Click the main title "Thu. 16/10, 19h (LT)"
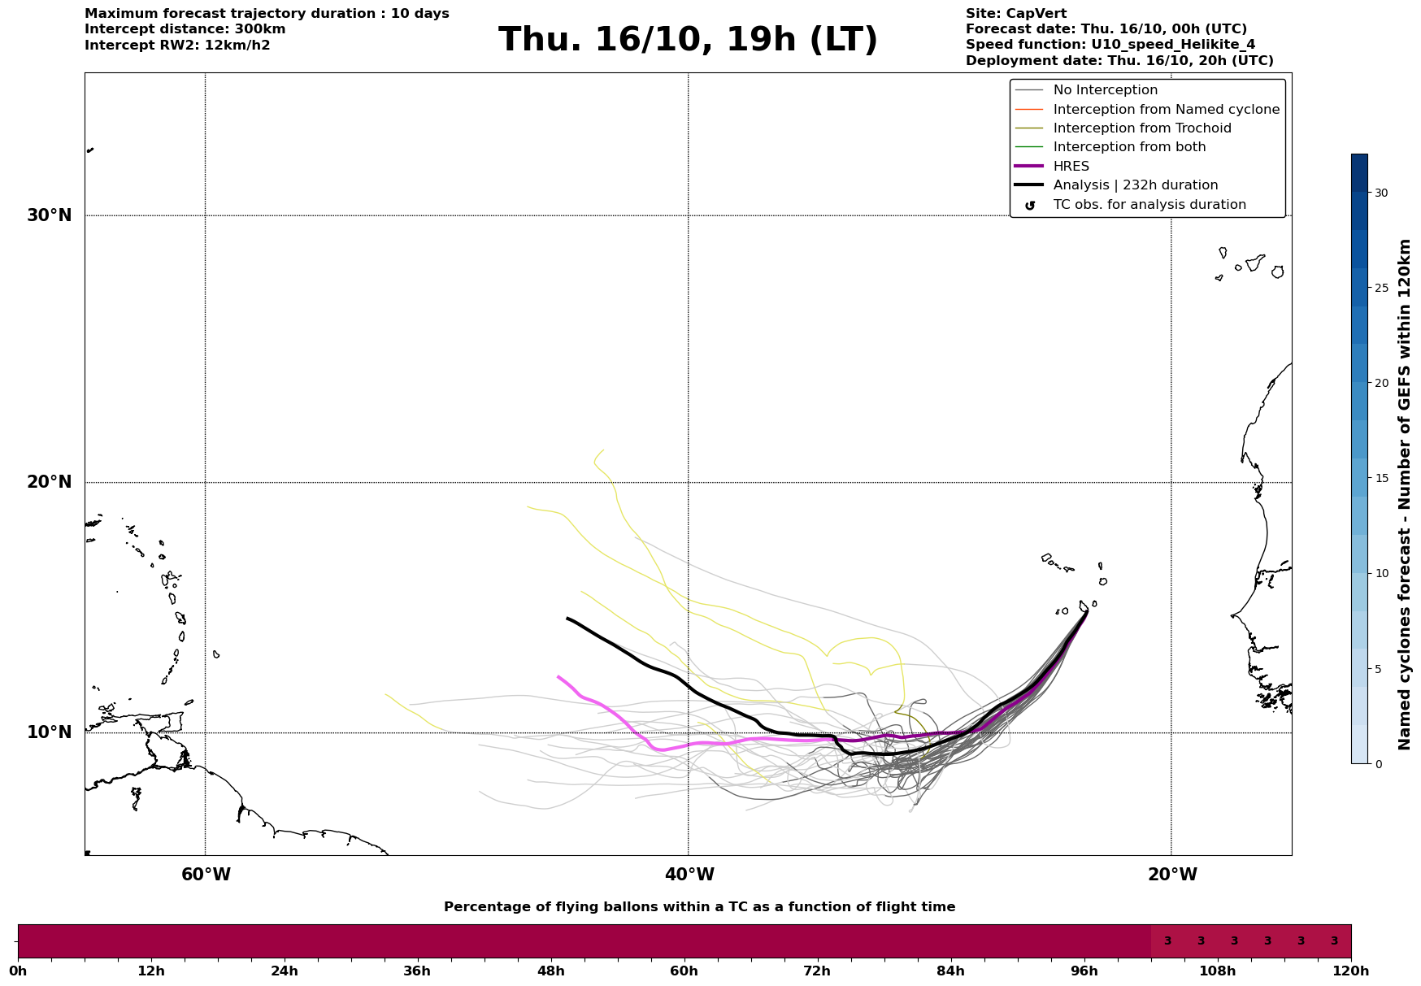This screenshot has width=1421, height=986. pos(688,40)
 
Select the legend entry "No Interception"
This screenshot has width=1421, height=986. pos(1105,90)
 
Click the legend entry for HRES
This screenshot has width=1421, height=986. pos(1071,167)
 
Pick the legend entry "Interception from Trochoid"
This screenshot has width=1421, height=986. pos(1141,128)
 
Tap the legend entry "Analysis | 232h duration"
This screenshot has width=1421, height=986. pos(1135,185)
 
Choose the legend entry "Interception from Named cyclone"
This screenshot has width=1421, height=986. pos(1166,110)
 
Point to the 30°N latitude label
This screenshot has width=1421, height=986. pos(50,215)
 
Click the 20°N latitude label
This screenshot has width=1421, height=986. pos(50,482)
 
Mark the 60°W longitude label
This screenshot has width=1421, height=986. pos(206,875)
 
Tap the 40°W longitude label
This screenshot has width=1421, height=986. pos(689,875)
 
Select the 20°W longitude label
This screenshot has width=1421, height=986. pos(1172,875)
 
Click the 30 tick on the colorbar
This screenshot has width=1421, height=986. pos(1380,193)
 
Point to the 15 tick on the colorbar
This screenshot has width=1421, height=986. pos(1380,478)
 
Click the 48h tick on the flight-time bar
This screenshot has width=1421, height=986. pos(550,971)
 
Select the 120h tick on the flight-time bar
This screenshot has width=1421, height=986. pos(1351,971)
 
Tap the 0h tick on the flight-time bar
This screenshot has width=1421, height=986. pos(18,971)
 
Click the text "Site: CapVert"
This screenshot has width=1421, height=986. pos(1015,14)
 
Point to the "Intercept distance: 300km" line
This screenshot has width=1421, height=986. pos(185,29)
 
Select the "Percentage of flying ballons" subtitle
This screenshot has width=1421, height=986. pos(699,907)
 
